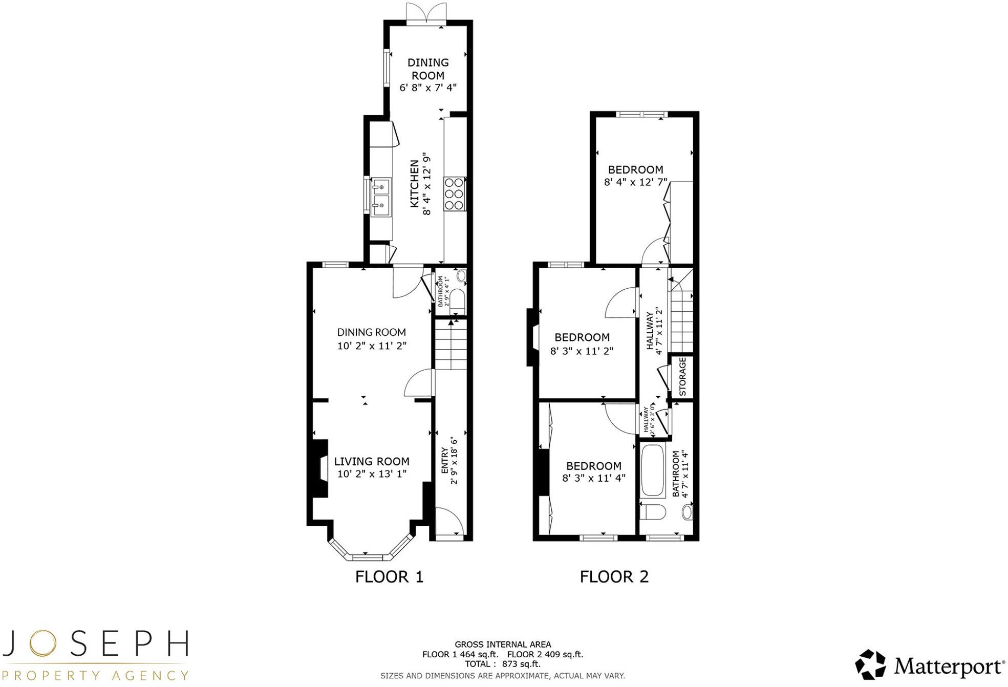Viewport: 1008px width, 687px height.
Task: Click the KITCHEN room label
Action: [x=414, y=183]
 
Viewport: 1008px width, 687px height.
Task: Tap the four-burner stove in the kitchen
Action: [x=454, y=194]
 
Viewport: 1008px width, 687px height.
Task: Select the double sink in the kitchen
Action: [x=381, y=197]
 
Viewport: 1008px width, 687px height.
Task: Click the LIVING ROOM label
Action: [x=372, y=461]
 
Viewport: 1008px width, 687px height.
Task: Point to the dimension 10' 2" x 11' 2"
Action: [x=372, y=346]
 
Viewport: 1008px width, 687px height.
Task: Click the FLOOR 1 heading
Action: [x=389, y=577]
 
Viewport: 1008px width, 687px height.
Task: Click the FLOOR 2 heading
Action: [x=614, y=577]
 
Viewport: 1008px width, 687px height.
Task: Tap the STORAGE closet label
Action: [x=682, y=376]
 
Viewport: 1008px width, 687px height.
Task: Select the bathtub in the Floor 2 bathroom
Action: [x=652, y=471]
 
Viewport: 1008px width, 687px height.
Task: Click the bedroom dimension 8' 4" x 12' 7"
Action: [x=635, y=182]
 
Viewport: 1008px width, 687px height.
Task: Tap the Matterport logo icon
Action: [x=870, y=664]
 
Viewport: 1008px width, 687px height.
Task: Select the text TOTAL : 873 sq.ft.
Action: [x=502, y=664]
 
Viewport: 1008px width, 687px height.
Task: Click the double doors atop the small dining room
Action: [x=426, y=12]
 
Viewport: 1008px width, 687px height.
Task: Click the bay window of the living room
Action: [x=370, y=550]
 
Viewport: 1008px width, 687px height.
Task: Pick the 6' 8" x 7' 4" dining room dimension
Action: [x=428, y=88]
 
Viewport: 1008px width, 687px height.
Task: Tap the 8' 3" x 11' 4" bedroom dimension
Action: [x=593, y=478]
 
